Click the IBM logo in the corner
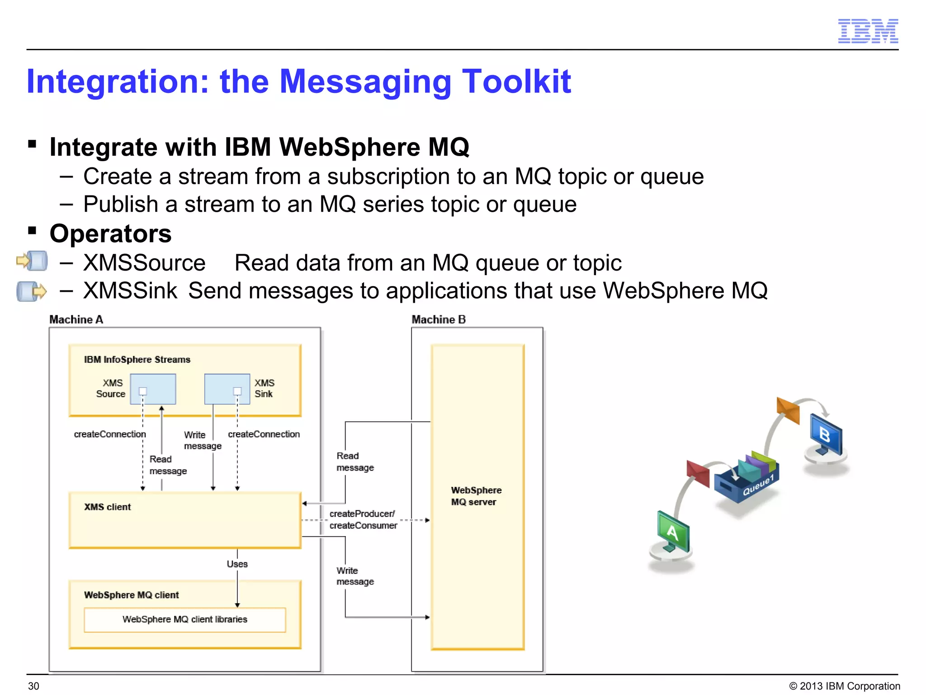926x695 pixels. [868, 31]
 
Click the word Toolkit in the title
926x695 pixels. [516, 82]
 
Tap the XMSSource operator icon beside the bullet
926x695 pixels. [32, 261]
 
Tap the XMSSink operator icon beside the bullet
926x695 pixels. [31, 291]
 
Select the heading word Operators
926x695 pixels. [111, 234]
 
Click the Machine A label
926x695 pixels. [76, 319]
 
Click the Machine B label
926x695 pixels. [439, 319]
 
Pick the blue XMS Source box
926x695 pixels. [153, 389]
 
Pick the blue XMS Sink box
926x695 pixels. [227, 389]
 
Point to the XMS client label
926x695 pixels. [108, 507]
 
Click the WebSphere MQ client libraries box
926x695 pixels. [184, 619]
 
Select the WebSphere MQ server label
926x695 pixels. [476, 496]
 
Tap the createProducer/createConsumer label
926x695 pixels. [363, 519]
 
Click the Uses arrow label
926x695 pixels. [237, 564]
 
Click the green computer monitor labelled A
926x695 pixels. [673, 532]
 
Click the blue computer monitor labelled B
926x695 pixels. [826, 435]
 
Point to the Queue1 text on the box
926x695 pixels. [758, 485]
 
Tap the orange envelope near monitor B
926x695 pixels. [788, 410]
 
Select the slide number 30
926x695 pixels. [34, 686]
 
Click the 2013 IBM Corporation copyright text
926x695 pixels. [845, 686]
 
